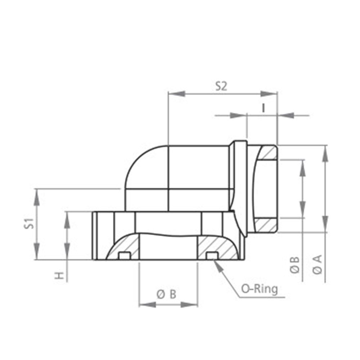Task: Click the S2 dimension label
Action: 221,86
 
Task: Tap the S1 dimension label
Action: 29,224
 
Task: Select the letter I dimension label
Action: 264,108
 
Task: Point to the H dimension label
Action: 59,275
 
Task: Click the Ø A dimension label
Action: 317,265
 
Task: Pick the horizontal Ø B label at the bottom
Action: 166,294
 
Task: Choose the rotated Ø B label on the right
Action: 294,265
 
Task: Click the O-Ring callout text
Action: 260,289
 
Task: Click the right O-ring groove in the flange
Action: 212,256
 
